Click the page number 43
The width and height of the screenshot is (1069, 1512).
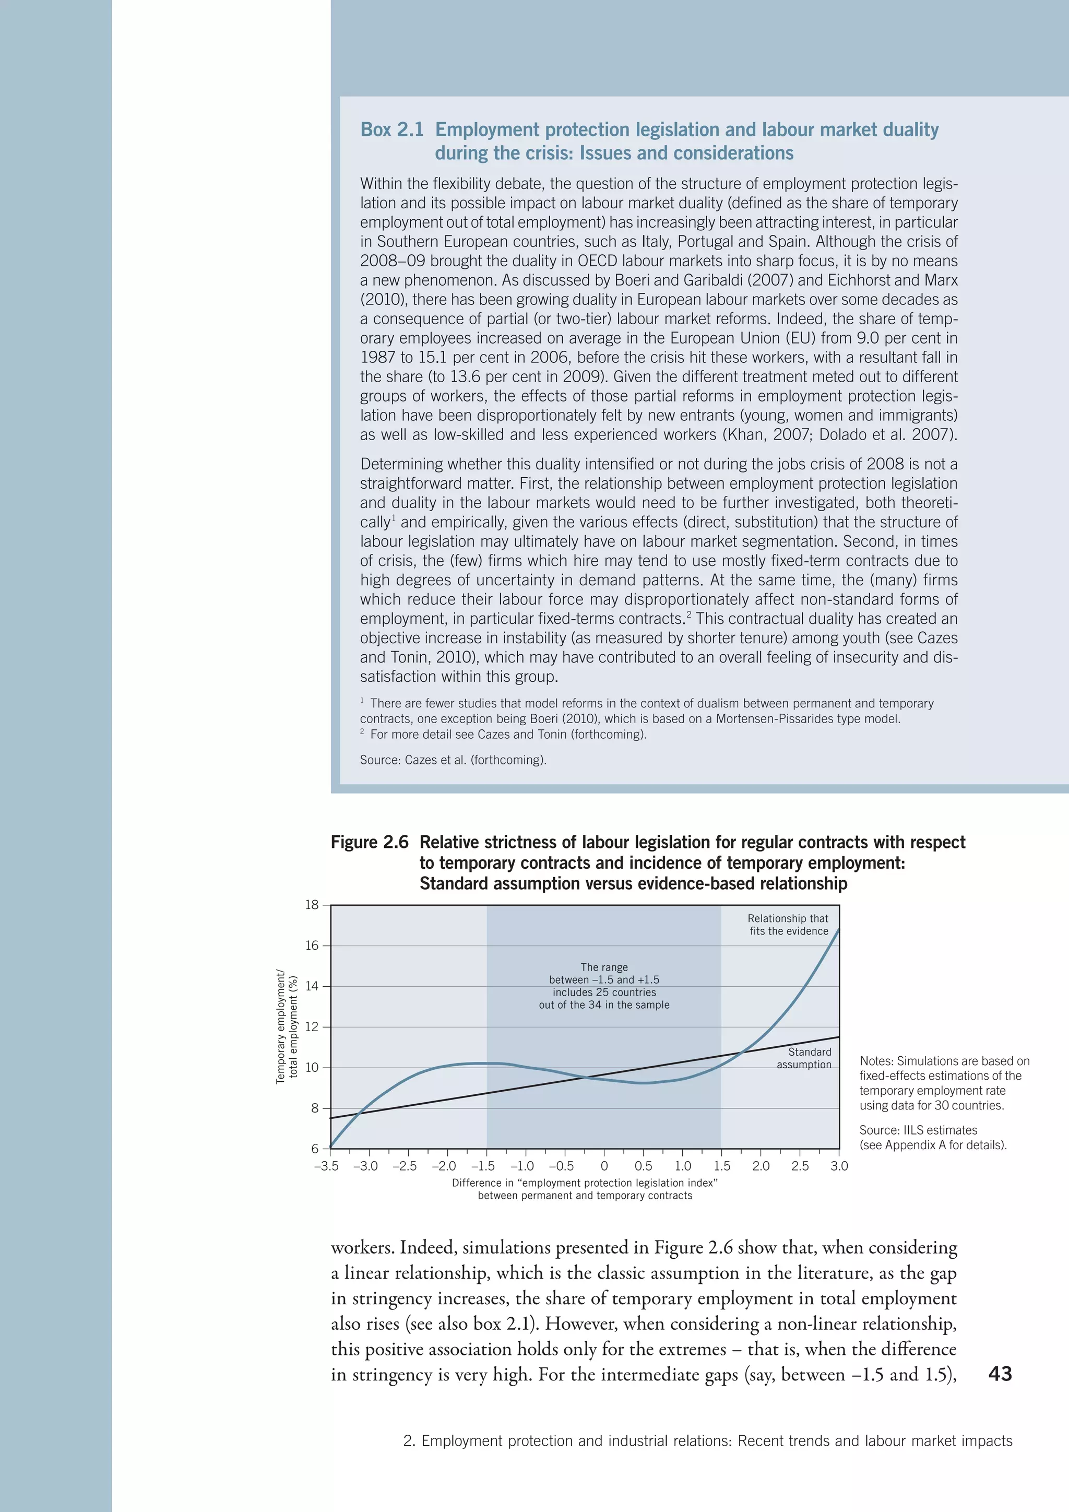(x=1000, y=1374)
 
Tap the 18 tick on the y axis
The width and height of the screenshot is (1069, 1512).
(x=311, y=905)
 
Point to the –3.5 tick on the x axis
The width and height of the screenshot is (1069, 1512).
(x=326, y=1166)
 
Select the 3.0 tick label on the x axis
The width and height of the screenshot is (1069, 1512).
(x=839, y=1166)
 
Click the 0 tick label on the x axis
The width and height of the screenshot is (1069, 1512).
(x=604, y=1166)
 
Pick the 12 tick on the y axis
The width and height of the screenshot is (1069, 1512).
(x=311, y=1026)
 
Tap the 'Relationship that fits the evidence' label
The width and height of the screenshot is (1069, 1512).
(x=788, y=925)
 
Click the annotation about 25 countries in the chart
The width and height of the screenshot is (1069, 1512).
(x=604, y=986)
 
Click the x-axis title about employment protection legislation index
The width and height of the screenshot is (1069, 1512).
(x=585, y=1189)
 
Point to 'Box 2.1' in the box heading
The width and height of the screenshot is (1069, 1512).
(x=391, y=129)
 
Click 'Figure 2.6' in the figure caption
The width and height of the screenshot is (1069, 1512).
(x=369, y=842)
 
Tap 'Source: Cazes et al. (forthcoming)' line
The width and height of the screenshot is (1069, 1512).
(x=453, y=760)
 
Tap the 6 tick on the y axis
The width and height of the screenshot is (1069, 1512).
(x=315, y=1149)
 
